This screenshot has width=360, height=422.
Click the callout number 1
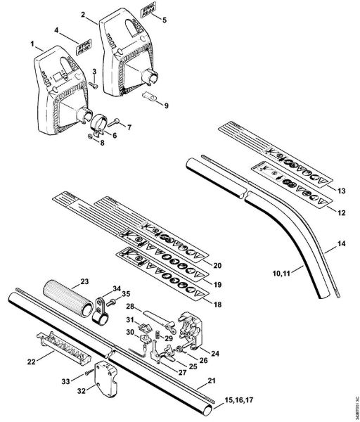[32, 44]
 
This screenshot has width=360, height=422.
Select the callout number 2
[84, 13]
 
